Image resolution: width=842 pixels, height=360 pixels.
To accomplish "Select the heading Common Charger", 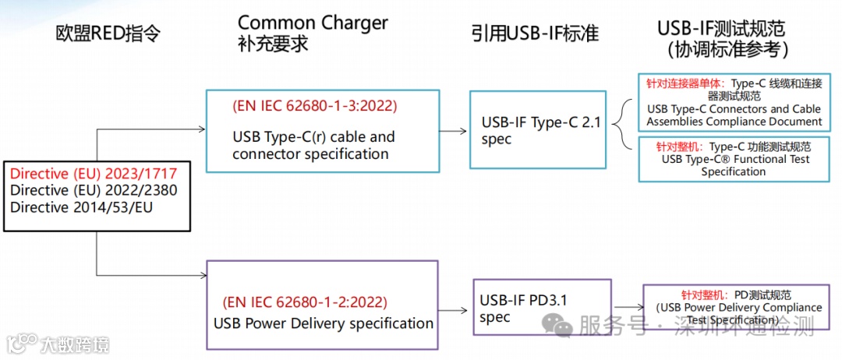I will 313,23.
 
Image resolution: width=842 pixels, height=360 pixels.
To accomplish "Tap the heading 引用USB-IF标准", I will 535,33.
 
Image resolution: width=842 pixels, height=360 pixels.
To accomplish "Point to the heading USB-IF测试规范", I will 721,29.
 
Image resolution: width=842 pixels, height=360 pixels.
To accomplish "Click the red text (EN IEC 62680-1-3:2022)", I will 314,105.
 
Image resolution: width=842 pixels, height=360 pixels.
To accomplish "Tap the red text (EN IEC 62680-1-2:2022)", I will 304,302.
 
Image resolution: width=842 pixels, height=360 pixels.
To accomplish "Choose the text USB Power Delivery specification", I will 324,323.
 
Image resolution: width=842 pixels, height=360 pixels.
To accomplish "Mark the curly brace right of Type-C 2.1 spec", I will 621,124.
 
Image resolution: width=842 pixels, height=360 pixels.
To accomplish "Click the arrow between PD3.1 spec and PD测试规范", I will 628,306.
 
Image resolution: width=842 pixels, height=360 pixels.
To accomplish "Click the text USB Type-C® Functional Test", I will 735,159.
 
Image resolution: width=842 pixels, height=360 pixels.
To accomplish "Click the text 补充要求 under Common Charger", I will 273,44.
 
